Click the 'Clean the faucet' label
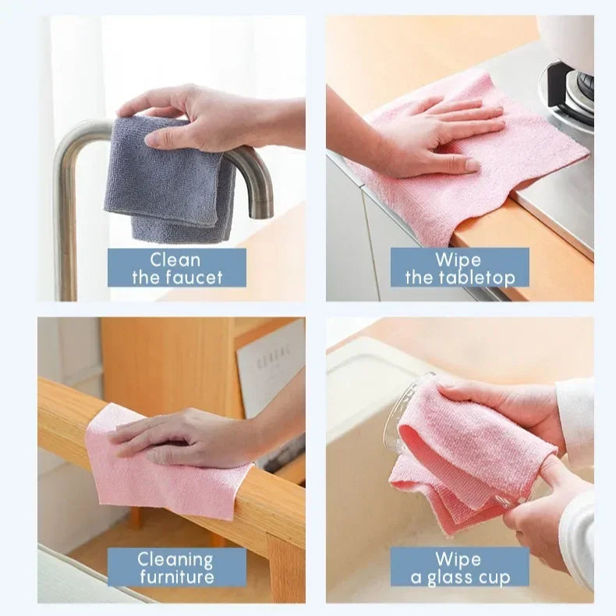177,267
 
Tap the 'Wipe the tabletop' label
459,267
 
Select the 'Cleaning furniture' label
177,567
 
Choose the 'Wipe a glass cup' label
459,567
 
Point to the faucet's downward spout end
262,209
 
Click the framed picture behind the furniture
270,366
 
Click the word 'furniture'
177,577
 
